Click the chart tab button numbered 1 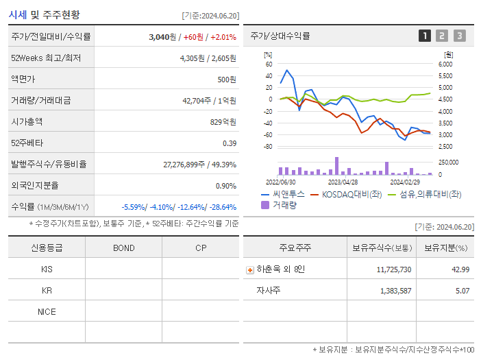[x=425, y=36]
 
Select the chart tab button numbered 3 [x=459, y=36]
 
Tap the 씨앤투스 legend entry [x=281, y=195]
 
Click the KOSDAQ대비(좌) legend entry [x=346, y=195]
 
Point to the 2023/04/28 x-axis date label [x=343, y=182]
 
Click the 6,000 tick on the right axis [x=445, y=64]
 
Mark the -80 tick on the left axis [x=268, y=147]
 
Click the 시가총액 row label [x=27, y=121]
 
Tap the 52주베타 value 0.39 [x=230, y=143]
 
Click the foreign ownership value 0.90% [x=225, y=185]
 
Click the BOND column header [x=123, y=248]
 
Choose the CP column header [x=201, y=248]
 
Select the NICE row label [x=47, y=311]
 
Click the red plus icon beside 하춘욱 [x=250, y=269]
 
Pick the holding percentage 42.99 [x=460, y=269]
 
